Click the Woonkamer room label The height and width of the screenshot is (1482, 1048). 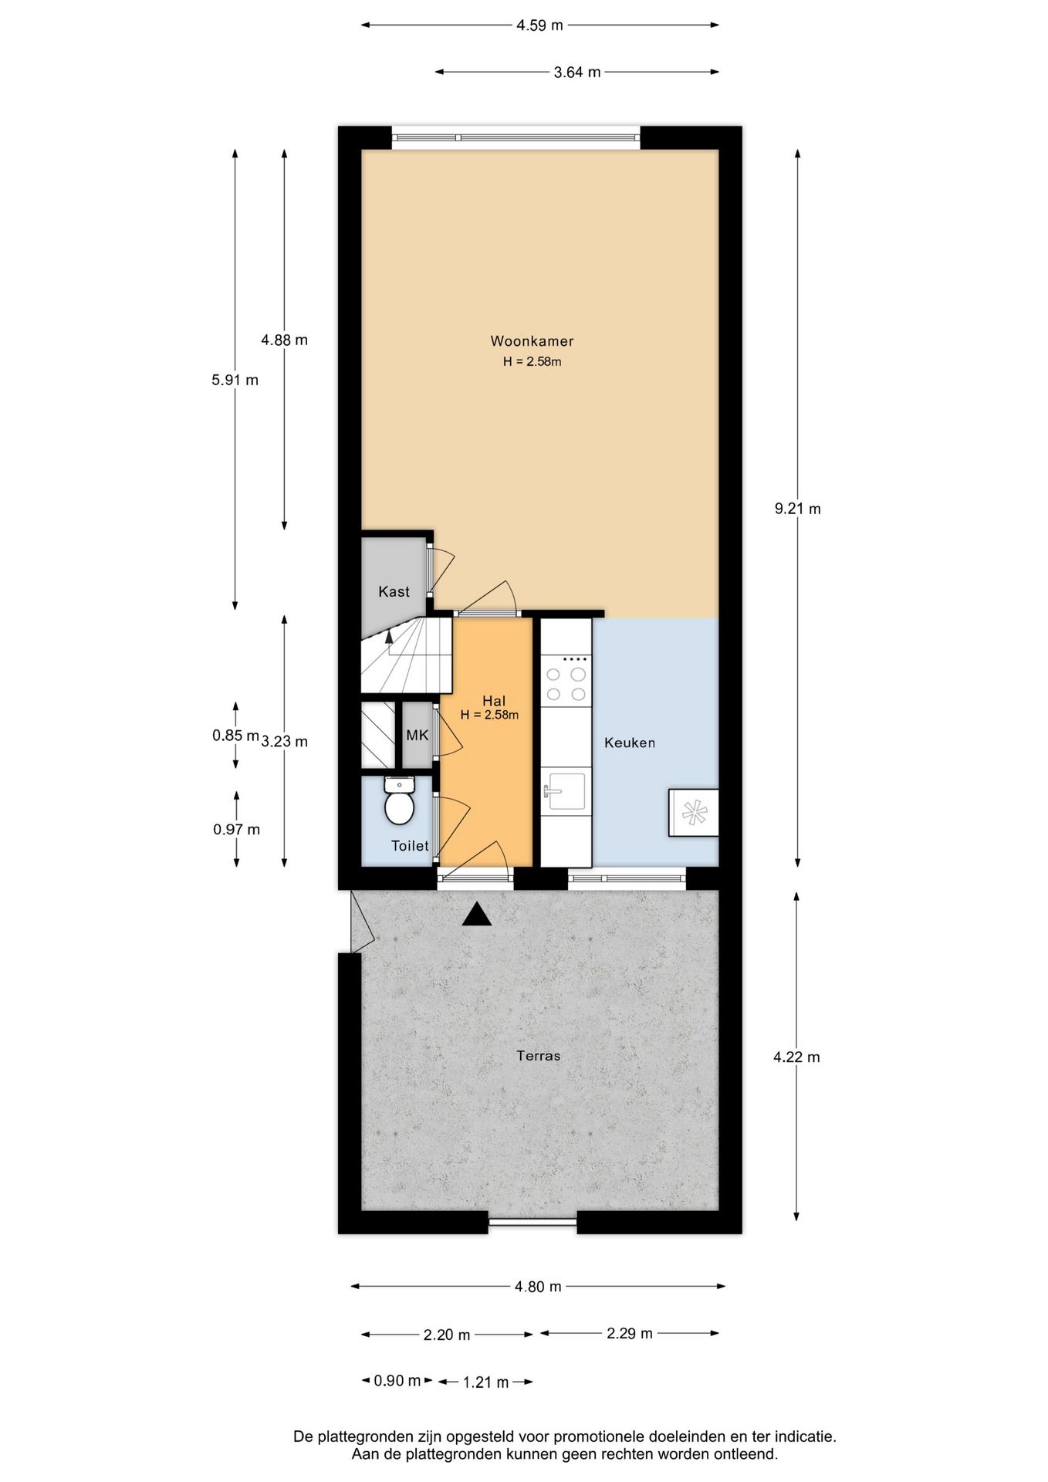pyautogui.click(x=532, y=341)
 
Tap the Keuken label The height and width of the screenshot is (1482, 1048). pyautogui.click(x=630, y=743)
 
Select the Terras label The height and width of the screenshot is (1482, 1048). pyautogui.click(x=539, y=1055)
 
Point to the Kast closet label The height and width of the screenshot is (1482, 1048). pyautogui.click(x=394, y=591)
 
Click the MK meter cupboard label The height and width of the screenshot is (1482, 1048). pyautogui.click(x=418, y=735)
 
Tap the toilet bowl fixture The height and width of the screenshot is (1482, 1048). pyautogui.click(x=399, y=805)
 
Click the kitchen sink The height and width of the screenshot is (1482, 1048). pyautogui.click(x=566, y=791)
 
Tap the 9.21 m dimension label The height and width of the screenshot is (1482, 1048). pyautogui.click(x=797, y=509)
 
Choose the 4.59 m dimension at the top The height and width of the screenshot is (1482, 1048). pyautogui.click(x=539, y=25)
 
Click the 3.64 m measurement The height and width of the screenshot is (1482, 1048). pyautogui.click(x=576, y=73)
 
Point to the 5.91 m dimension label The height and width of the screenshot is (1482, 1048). pyautogui.click(x=235, y=380)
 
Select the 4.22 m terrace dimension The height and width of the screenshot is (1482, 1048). pyautogui.click(x=796, y=1057)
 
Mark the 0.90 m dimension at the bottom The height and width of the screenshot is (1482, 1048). pyautogui.click(x=397, y=1381)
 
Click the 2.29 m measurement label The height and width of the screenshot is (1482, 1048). pyautogui.click(x=629, y=1333)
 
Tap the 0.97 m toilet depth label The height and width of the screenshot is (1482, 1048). pyautogui.click(x=236, y=830)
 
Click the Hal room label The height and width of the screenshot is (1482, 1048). pyautogui.click(x=493, y=700)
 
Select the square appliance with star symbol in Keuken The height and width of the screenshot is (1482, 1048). pyautogui.click(x=693, y=812)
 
